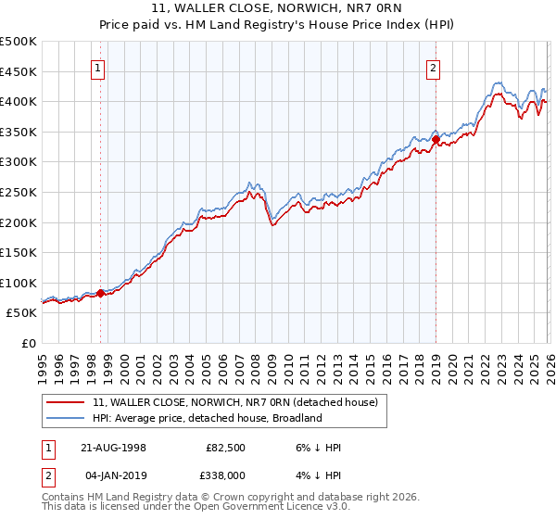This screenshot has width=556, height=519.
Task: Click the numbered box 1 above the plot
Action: (99, 67)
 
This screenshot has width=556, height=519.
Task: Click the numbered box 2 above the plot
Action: (434, 67)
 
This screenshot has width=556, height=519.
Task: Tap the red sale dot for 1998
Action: (101, 294)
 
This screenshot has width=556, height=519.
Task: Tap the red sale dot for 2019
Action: (436, 139)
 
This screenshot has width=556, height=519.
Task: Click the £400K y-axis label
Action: (19, 102)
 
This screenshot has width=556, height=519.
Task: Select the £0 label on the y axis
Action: (28, 343)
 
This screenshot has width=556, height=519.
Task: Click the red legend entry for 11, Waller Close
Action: (234, 403)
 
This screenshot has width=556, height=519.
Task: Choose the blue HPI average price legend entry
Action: (207, 418)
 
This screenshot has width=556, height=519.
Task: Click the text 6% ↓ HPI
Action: (316, 447)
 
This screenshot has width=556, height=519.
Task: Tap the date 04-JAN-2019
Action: (111, 474)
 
